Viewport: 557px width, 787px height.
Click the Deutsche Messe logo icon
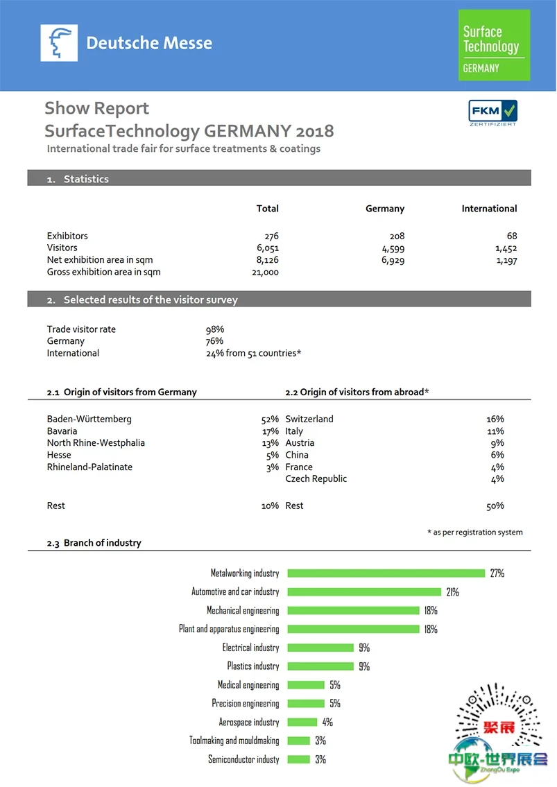pos(59,43)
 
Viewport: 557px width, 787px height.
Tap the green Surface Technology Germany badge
pos(494,45)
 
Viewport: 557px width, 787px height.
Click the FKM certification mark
pos(492,112)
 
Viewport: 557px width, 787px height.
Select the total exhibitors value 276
pos(272,236)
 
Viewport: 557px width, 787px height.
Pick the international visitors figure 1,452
pos(506,248)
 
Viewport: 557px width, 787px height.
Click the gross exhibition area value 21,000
pos(265,273)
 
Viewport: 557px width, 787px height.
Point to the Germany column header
pos(385,209)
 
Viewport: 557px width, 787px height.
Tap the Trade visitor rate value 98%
pos(215,329)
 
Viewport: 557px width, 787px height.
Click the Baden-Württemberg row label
pos(89,419)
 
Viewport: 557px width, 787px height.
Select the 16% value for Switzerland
pos(495,419)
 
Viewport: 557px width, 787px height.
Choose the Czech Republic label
pos(316,479)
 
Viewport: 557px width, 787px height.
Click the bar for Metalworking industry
pos(386,573)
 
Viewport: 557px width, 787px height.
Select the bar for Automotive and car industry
pos(364,591)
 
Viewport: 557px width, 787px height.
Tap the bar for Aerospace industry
pos(302,723)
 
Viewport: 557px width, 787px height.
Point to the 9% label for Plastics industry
pos(364,666)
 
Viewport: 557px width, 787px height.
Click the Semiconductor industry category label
pos(243,759)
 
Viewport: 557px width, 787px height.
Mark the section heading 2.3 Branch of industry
pos(94,543)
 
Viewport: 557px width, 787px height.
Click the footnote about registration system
pos(475,533)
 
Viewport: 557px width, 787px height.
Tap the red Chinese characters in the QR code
pos(499,727)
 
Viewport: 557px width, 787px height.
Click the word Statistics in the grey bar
pos(86,179)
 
